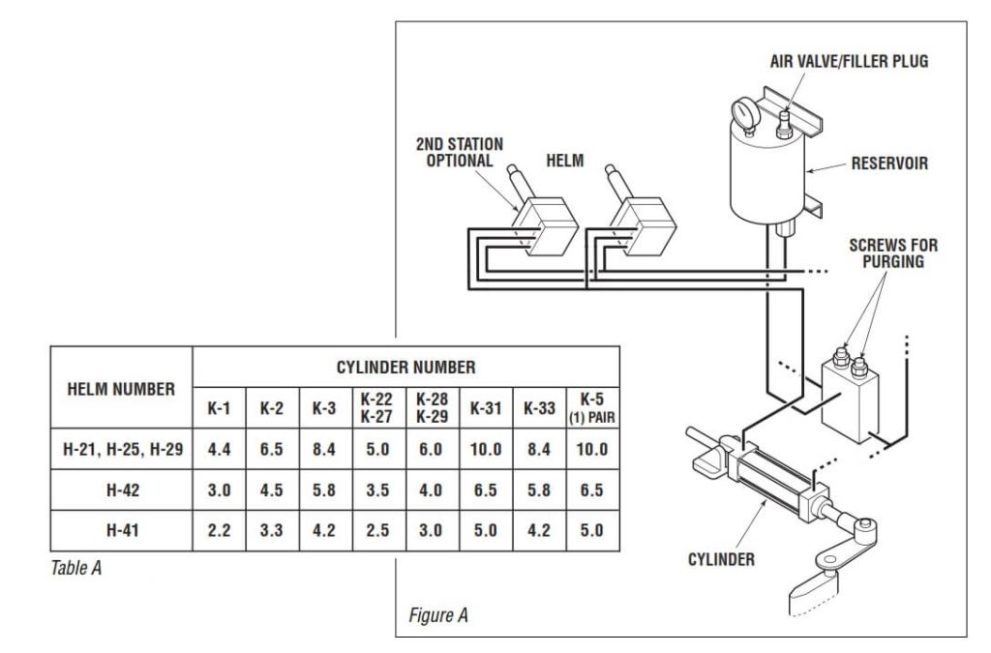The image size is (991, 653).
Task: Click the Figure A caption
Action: coord(435,615)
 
